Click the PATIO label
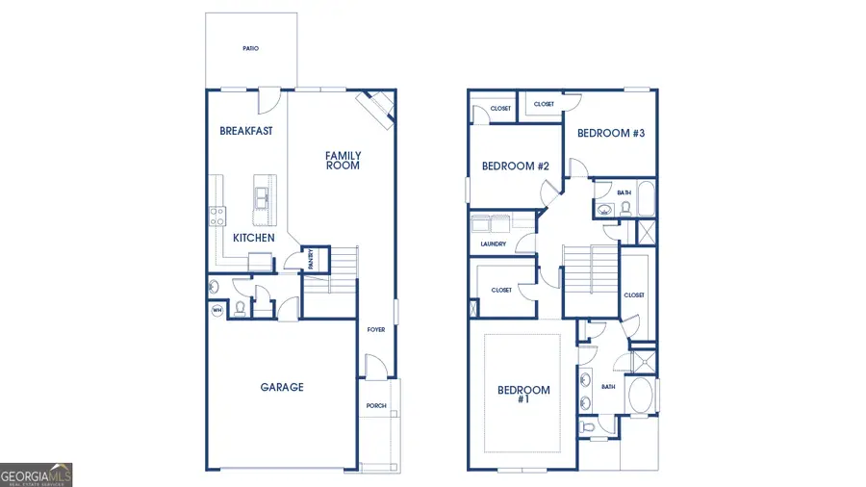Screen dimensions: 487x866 250,48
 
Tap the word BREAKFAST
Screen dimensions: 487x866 245,131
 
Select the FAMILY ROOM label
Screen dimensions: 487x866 343,160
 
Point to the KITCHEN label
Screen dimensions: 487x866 254,238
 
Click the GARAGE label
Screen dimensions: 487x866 282,387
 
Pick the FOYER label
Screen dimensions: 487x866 376,330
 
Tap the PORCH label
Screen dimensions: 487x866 376,406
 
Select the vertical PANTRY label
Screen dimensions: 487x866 311,259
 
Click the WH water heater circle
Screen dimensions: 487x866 217,310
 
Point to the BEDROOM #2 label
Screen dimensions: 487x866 515,167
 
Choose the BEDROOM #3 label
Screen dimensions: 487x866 610,134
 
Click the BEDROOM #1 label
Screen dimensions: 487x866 523,395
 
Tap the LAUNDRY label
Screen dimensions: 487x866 494,244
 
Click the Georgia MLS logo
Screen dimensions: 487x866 37,474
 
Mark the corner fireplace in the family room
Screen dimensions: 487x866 376,108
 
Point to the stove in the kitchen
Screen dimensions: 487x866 217,216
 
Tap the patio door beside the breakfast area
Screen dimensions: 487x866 269,98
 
